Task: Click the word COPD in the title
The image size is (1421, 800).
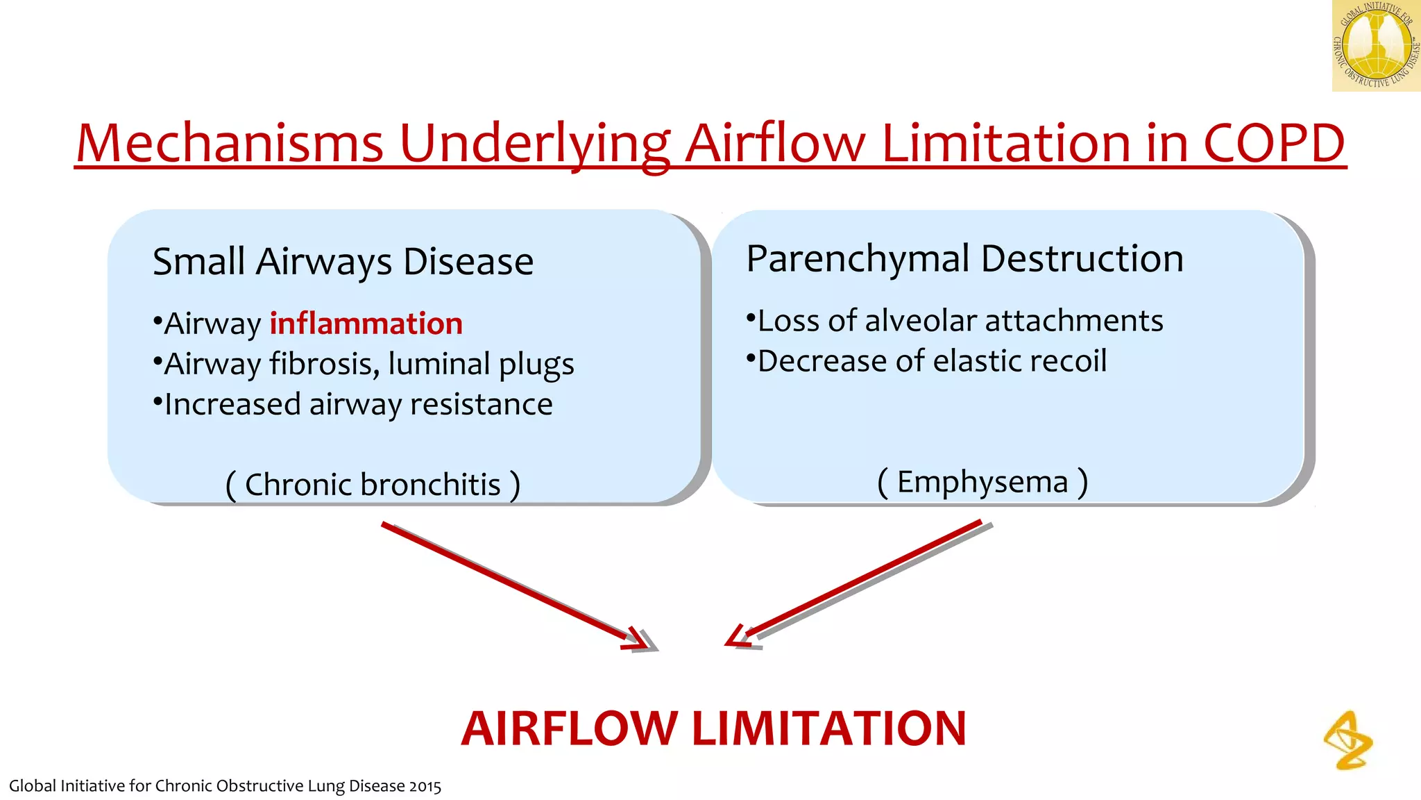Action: pos(1274,143)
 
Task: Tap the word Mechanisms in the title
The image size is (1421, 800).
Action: pos(230,143)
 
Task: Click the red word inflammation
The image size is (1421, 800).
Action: pos(366,324)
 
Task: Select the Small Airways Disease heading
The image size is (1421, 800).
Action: pos(343,262)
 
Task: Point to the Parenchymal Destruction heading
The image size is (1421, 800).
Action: pos(964,258)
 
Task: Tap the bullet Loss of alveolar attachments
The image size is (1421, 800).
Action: pos(955,321)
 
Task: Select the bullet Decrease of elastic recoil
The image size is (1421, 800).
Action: pos(927,361)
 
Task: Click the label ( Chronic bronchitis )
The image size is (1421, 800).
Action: pos(373,484)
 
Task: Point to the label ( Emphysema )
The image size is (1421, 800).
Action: pos(982,481)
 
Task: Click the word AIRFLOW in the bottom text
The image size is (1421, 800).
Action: pos(569,728)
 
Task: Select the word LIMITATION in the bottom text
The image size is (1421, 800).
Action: pos(829,728)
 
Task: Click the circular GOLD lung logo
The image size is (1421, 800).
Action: pos(1375,46)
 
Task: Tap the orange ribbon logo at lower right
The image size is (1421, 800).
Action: pos(1348,740)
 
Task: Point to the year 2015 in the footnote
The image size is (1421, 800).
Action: pos(425,786)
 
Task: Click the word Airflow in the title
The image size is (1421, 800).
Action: pos(776,143)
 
